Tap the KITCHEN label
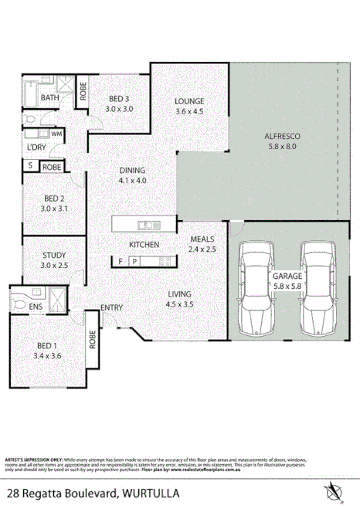(144, 245)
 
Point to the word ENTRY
(112, 308)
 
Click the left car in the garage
(256, 287)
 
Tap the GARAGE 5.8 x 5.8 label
(285, 280)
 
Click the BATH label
(50, 98)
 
